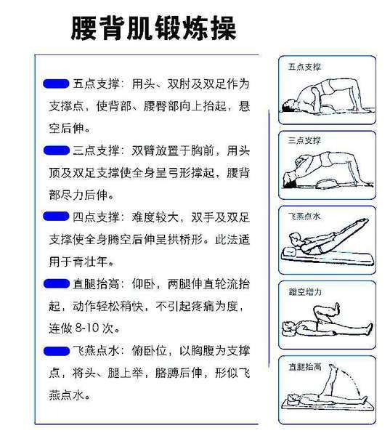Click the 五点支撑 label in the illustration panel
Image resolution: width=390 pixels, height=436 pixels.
pos(305,67)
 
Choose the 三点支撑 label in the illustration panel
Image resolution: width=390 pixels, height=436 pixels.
pos(305,140)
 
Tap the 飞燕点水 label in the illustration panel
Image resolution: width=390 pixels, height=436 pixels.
pos(305,217)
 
